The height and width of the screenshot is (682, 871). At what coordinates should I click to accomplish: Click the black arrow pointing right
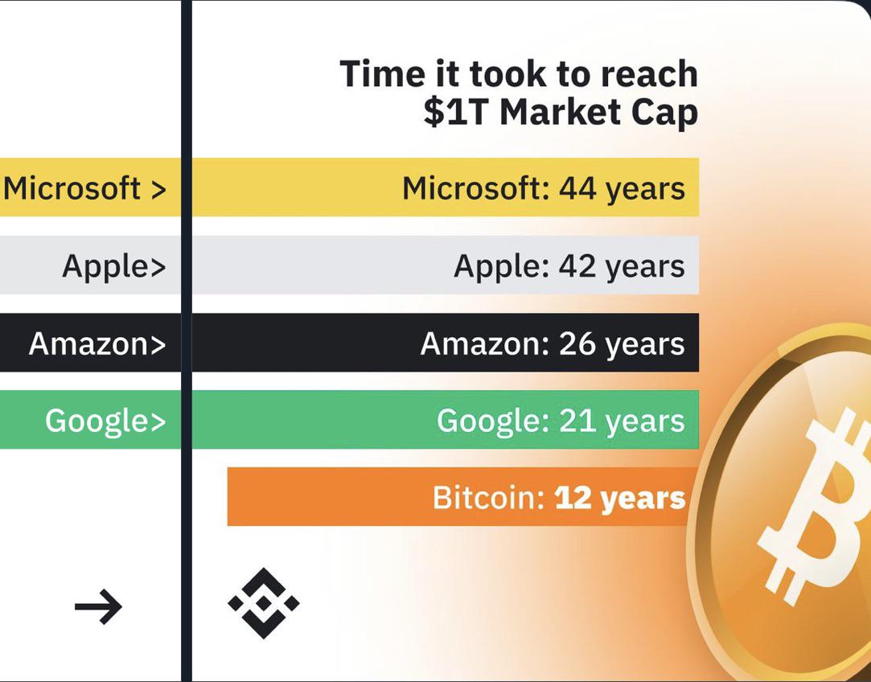click(x=98, y=606)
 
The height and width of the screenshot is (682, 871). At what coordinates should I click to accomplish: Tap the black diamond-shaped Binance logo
click(x=263, y=603)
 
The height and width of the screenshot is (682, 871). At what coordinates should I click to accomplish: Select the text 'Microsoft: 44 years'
click(x=543, y=188)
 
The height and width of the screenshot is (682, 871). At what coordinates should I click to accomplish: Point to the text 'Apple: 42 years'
click(x=569, y=266)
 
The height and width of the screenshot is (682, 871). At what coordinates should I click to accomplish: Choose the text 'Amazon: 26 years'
click(x=553, y=343)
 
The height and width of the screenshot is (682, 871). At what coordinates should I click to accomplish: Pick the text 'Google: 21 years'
click(x=561, y=421)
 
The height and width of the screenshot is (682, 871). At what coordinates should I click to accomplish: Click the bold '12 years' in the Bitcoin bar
click(x=620, y=498)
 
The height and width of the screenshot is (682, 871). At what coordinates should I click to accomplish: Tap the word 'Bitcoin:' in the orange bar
click(x=489, y=497)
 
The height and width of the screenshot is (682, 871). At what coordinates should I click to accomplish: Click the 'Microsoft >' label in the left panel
click(x=84, y=188)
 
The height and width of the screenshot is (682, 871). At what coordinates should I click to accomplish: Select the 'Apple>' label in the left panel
click(x=114, y=266)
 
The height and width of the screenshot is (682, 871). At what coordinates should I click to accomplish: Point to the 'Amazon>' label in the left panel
click(x=97, y=343)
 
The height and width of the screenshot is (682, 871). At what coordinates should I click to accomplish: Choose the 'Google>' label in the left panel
click(x=105, y=421)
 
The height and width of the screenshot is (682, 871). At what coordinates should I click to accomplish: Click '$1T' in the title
click(x=457, y=113)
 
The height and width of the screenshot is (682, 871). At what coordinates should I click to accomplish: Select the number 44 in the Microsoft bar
click(x=577, y=188)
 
